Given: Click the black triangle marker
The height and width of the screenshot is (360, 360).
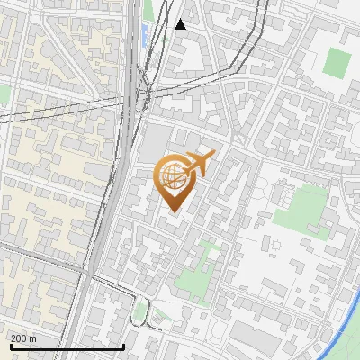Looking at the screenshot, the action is tap(181, 24).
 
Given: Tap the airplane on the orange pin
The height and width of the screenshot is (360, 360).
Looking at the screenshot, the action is tap(201, 164).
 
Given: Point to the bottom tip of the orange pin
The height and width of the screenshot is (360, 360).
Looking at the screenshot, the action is tap(171, 212).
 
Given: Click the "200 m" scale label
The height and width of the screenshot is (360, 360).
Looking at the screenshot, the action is tap(23, 337).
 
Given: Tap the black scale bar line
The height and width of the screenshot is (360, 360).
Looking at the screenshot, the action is tap(67, 346).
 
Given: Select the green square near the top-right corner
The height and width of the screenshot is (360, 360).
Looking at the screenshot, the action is tap(337, 62).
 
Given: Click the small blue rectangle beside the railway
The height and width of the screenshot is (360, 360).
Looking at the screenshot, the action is tap(145, 37).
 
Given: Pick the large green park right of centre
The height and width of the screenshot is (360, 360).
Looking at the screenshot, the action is tap(301, 208).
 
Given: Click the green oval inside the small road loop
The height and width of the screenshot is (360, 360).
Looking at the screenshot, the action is tap(139, 312).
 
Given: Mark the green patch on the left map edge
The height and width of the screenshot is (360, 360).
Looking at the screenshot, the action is tap(4, 94).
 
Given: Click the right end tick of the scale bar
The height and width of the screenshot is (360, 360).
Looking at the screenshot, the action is tap(123, 345).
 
